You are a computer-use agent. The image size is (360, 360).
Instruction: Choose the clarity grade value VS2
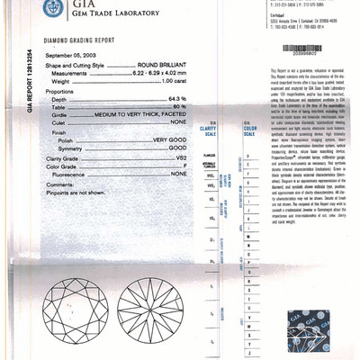click(179, 157)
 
